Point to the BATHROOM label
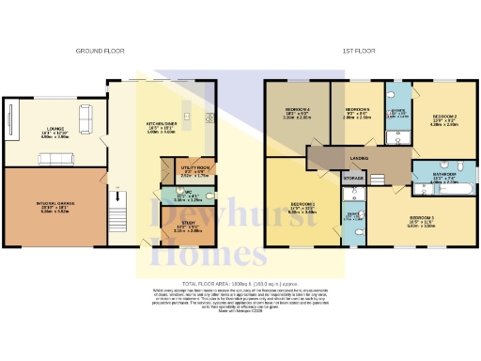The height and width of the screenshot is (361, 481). [x=443, y=174]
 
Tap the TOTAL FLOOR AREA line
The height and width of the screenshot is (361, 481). [x=240, y=283]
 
